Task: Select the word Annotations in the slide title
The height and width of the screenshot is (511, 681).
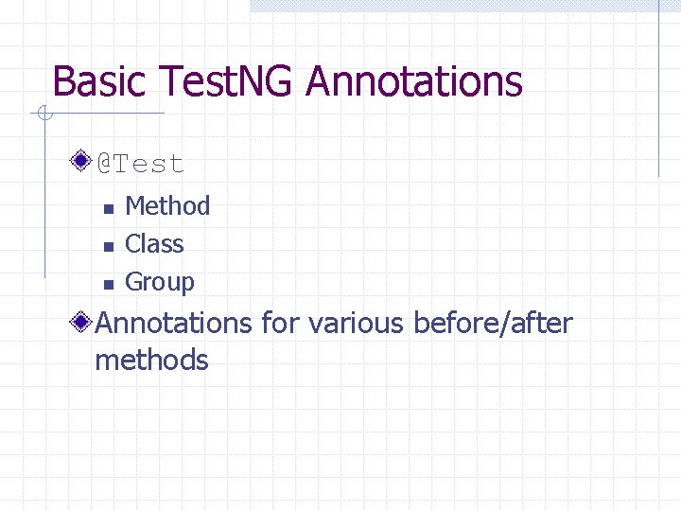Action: click(x=414, y=81)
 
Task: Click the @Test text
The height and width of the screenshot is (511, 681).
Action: click(x=141, y=164)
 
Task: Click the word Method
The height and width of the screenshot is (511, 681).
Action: click(x=167, y=205)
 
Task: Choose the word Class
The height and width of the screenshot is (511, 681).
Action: click(x=154, y=243)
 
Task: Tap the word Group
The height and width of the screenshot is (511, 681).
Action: click(x=160, y=282)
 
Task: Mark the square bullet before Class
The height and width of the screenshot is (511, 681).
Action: click(x=108, y=246)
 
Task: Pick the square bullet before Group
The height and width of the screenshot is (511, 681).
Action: click(x=108, y=284)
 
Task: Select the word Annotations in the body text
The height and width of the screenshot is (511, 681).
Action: click(x=173, y=324)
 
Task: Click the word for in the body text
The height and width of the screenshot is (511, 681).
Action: click(x=279, y=324)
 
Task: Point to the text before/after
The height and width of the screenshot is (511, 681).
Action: click(x=493, y=324)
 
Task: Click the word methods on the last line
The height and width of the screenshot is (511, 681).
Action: click(x=151, y=361)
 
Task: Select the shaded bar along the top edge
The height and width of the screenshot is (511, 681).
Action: click(x=463, y=6)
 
